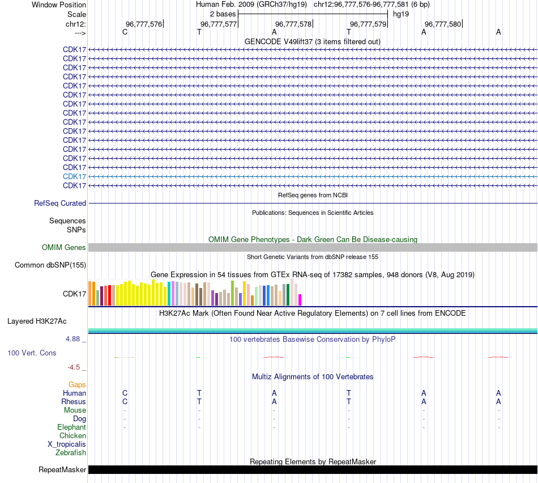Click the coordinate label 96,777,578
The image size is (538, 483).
point(293,24)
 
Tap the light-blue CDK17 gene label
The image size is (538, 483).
point(74,176)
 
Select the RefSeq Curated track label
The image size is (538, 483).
point(60,203)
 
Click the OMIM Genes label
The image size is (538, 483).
point(64,247)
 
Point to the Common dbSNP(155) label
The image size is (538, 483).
point(50,265)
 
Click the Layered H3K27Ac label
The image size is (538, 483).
point(37,321)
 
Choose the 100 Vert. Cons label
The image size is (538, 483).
point(32,353)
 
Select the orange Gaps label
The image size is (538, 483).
point(77,384)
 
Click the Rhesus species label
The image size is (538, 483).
point(74,401)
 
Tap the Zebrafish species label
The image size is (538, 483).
point(71,452)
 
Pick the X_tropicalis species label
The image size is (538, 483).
point(67,444)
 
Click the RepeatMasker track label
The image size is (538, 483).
point(62,469)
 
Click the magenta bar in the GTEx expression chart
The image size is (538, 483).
point(300,300)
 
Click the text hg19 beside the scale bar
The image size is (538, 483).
point(401,14)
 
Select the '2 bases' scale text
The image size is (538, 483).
point(223,14)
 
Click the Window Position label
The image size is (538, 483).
point(59,5)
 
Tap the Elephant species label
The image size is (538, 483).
point(71,427)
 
